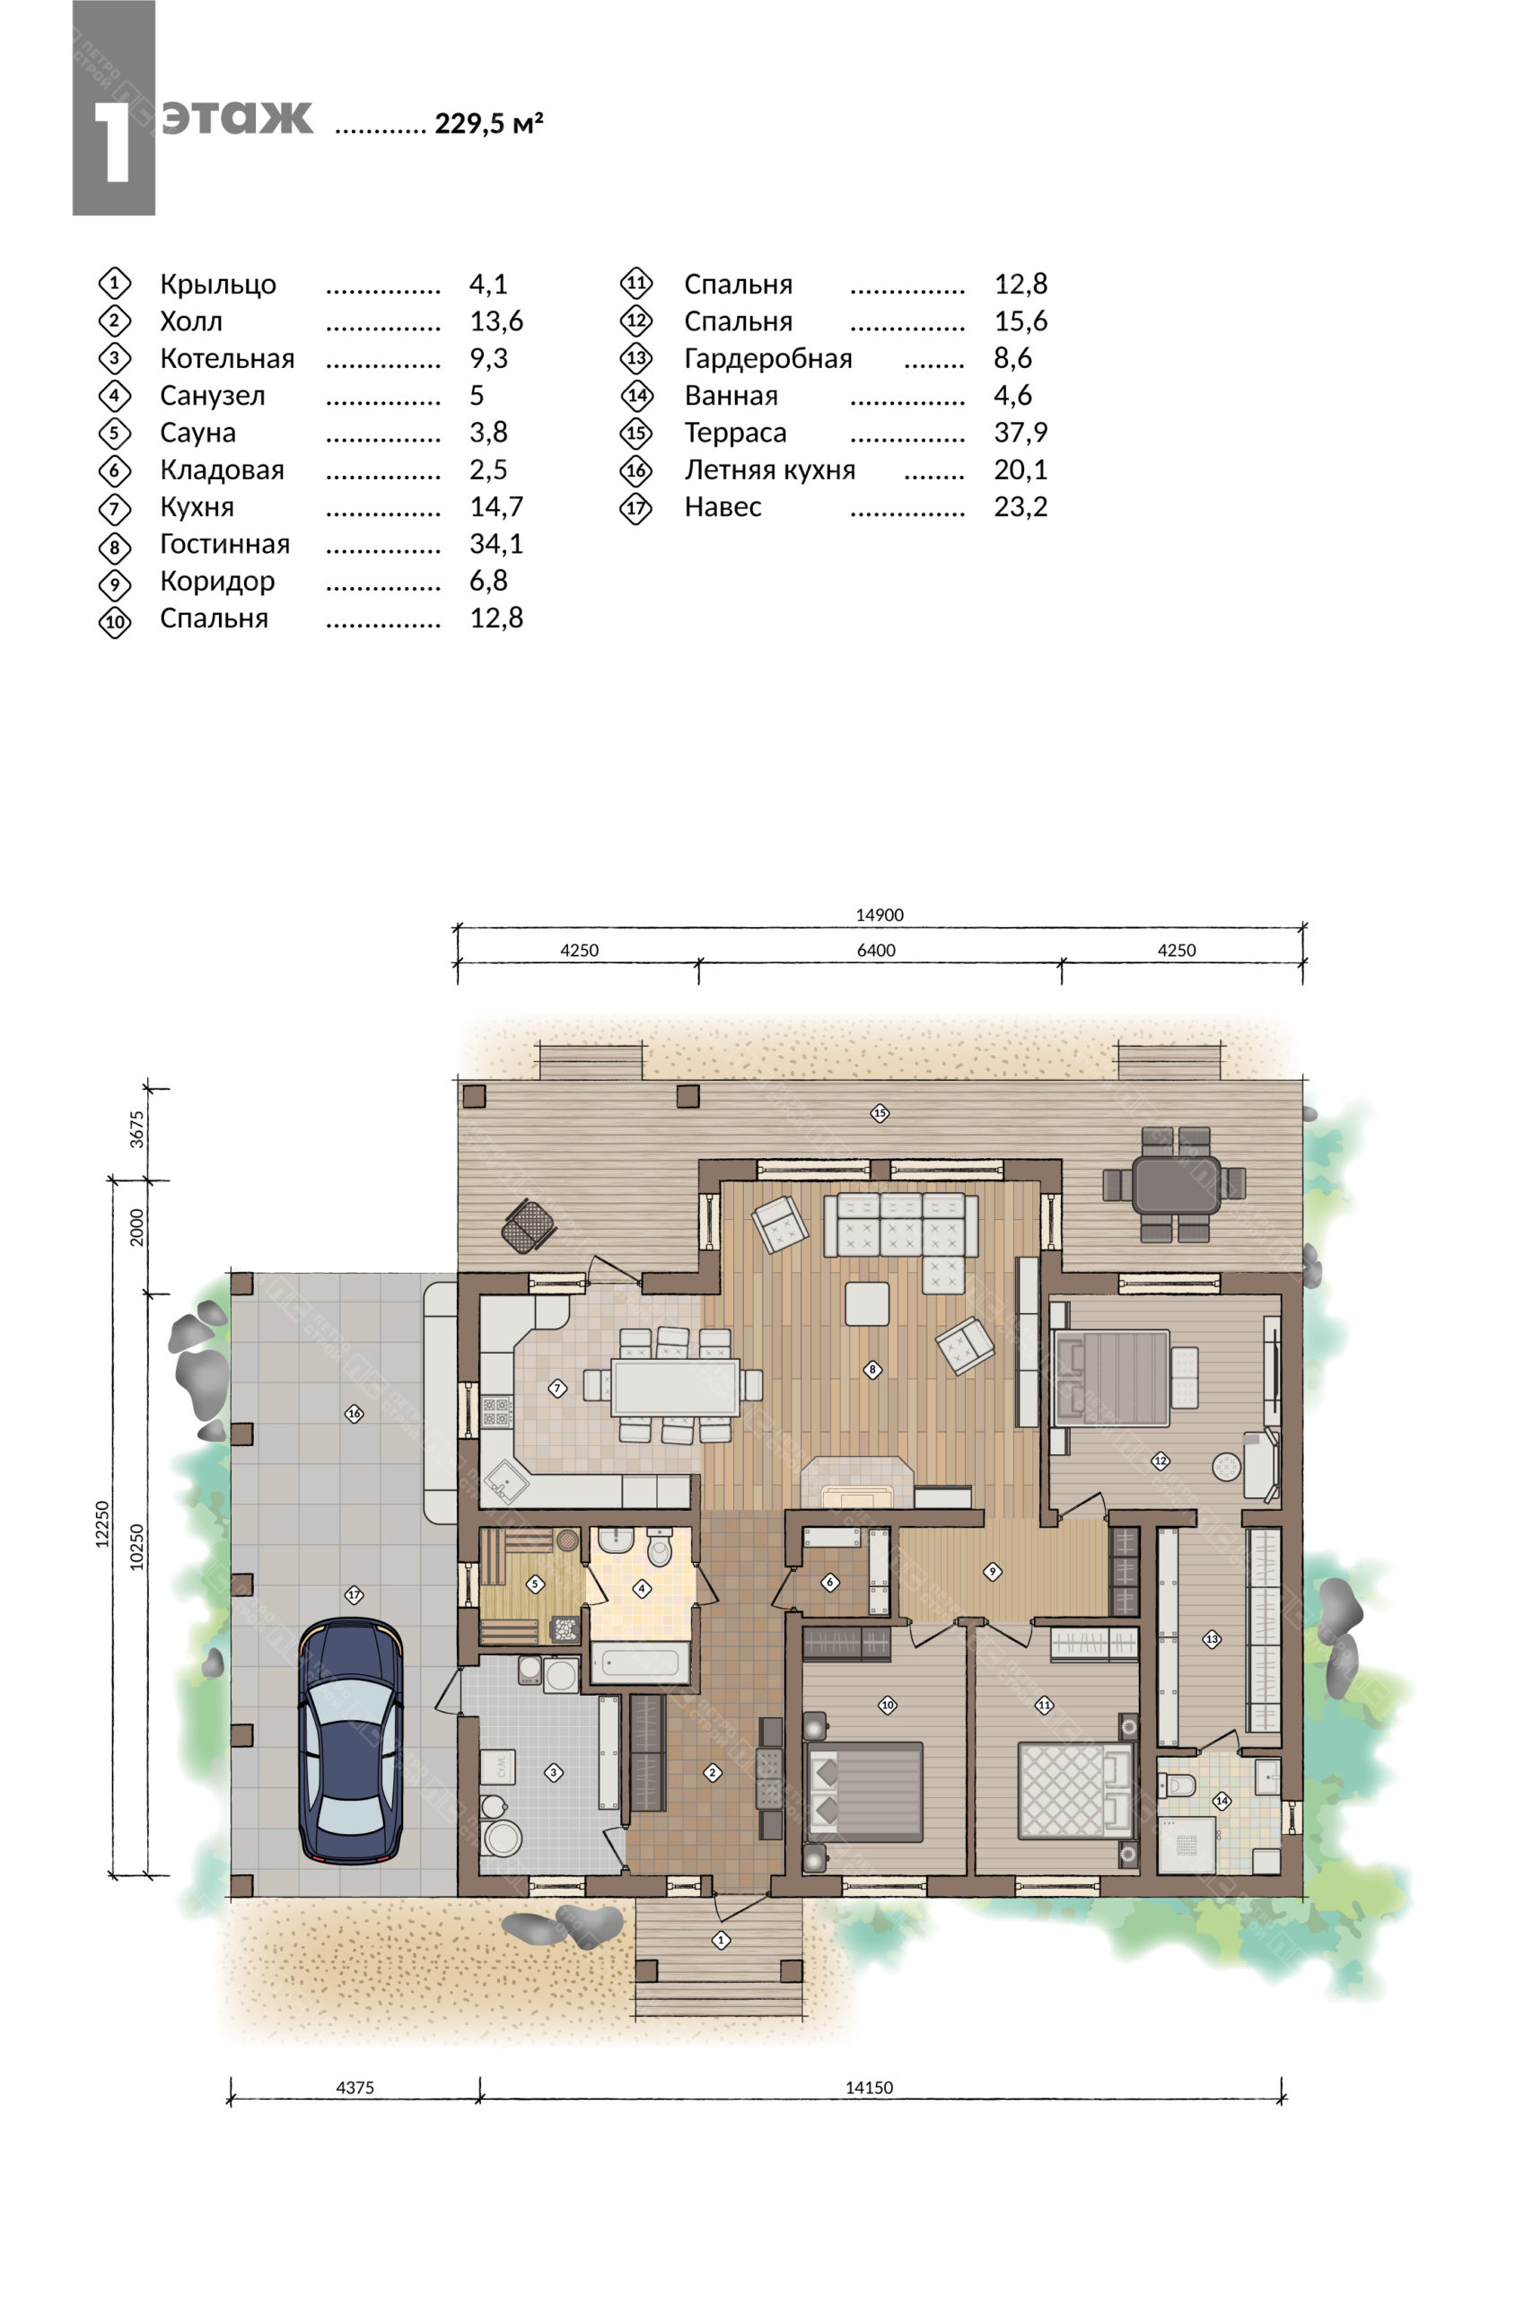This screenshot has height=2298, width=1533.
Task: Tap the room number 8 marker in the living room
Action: click(x=872, y=1370)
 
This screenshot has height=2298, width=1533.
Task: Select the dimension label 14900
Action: click(x=879, y=916)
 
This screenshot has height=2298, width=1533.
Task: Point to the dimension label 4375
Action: click(x=355, y=2087)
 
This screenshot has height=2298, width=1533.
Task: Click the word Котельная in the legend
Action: click(x=227, y=358)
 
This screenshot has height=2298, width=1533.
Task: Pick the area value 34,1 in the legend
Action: click(x=495, y=544)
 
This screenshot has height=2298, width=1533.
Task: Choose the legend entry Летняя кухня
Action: click(x=769, y=469)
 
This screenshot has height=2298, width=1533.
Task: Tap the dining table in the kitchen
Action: click(x=675, y=1386)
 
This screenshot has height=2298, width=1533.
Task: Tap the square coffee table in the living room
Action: click(x=866, y=1303)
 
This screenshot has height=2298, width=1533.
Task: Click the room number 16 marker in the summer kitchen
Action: click(x=354, y=1413)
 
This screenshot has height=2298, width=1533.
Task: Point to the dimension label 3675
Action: click(x=136, y=1130)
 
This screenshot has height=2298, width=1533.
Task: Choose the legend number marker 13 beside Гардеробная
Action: click(x=636, y=359)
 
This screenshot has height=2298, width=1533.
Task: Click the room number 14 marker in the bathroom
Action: click(x=1222, y=1801)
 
